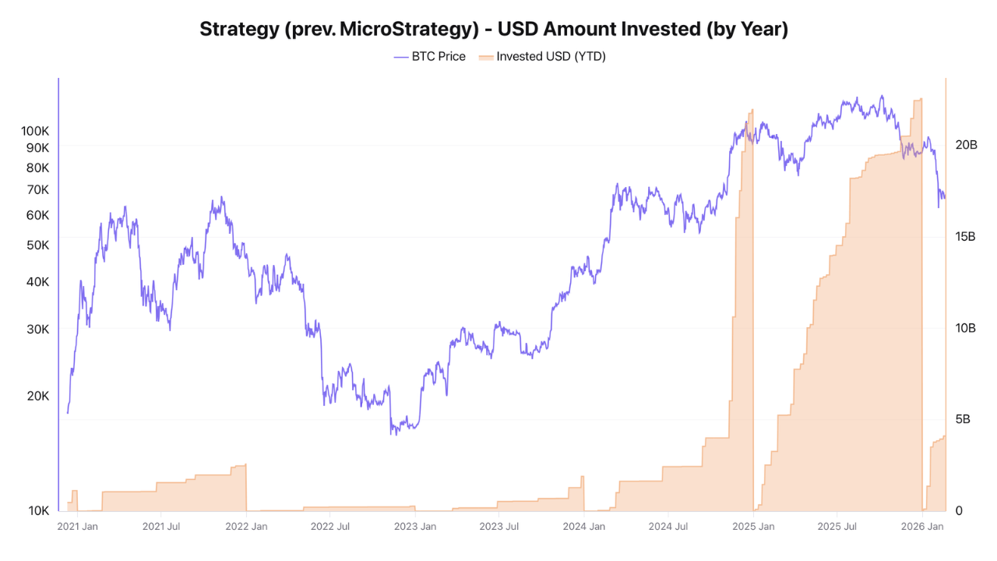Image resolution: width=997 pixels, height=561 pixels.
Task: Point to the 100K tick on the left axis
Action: click(35, 131)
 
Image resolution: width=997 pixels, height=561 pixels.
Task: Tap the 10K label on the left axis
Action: click(39, 511)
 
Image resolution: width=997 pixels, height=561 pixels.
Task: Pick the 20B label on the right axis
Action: click(966, 145)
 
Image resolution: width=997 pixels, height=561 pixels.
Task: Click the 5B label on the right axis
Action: click(963, 419)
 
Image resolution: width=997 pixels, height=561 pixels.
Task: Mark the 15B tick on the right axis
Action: click(966, 236)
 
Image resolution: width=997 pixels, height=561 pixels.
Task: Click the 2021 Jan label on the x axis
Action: click(77, 527)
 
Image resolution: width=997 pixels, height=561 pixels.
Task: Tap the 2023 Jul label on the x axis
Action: click(499, 527)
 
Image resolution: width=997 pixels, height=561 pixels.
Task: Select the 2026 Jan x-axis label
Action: click(923, 527)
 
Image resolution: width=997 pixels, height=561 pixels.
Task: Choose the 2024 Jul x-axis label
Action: click(668, 527)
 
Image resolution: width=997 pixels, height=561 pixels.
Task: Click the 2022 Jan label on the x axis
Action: click(246, 527)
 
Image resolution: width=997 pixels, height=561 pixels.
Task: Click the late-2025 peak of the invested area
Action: click(921, 99)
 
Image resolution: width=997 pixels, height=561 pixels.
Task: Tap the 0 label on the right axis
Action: click(959, 511)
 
